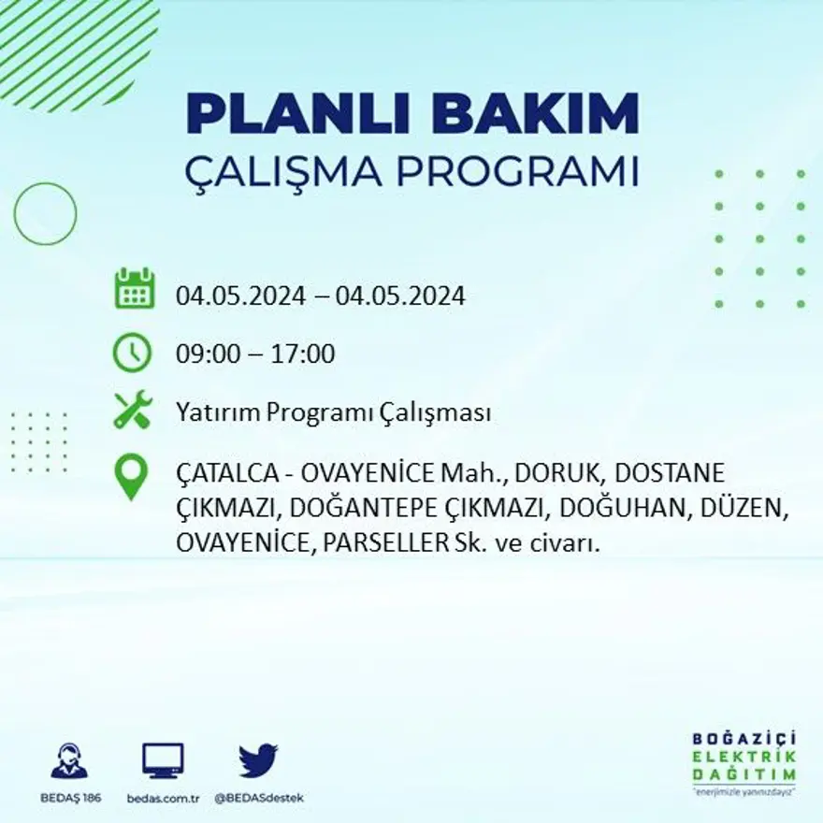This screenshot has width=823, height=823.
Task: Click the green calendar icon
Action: [x=134, y=289]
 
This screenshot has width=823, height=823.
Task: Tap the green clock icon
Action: [x=132, y=353]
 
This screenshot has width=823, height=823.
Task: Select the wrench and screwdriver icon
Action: [x=132, y=410]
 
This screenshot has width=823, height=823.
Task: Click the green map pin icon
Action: [x=131, y=476]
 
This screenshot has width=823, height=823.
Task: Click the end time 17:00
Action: [x=303, y=354]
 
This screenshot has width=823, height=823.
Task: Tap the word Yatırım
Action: [x=212, y=413]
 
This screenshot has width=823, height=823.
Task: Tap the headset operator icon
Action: [x=69, y=761]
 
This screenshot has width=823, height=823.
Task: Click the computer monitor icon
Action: [x=163, y=761]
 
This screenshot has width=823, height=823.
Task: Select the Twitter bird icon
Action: [x=258, y=760]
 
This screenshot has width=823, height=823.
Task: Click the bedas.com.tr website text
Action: [x=163, y=798]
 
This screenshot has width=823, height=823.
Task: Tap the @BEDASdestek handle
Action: [x=259, y=798]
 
